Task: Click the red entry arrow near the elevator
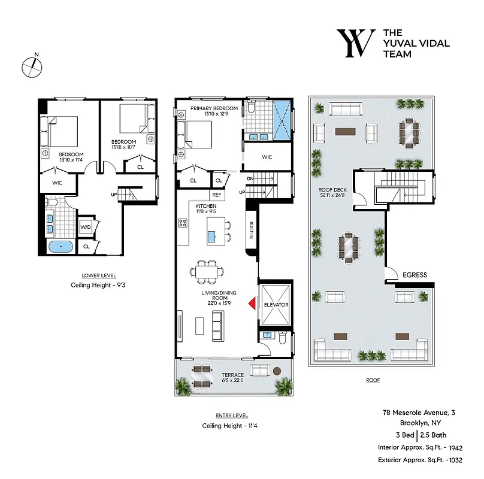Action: click(253, 304)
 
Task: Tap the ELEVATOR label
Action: click(276, 305)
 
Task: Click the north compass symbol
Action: click(32, 66)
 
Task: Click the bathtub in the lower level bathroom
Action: click(60, 247)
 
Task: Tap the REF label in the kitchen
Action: click(217, 195)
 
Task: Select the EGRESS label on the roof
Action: click(415, 275)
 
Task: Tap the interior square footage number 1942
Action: click(456, 447)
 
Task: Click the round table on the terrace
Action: click(277, 372)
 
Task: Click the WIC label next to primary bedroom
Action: click(267, 157)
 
